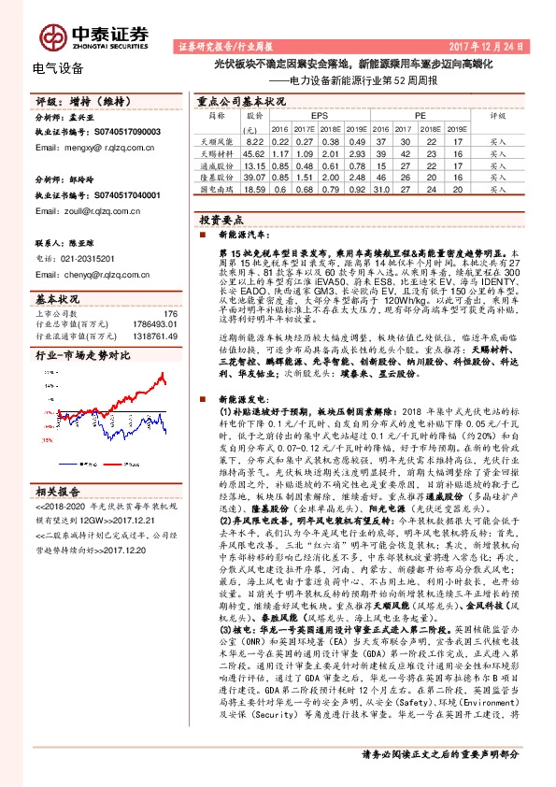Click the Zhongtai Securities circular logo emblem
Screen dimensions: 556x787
[50, 34]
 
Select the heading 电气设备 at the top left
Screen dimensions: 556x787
[58, 68]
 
